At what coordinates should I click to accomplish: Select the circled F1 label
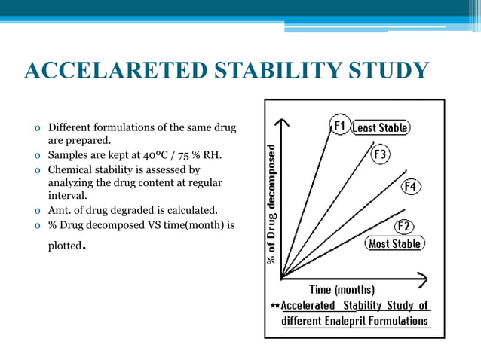click(339, 125)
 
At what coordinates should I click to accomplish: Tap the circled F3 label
click(381, 154)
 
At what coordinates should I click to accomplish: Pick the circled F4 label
click(411, 186)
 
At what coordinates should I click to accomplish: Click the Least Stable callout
click(381, 127)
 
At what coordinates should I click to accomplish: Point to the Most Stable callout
click(394, 244)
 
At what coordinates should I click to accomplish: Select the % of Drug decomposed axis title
click(271, 203)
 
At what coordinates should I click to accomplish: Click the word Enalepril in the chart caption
click(356, 321)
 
